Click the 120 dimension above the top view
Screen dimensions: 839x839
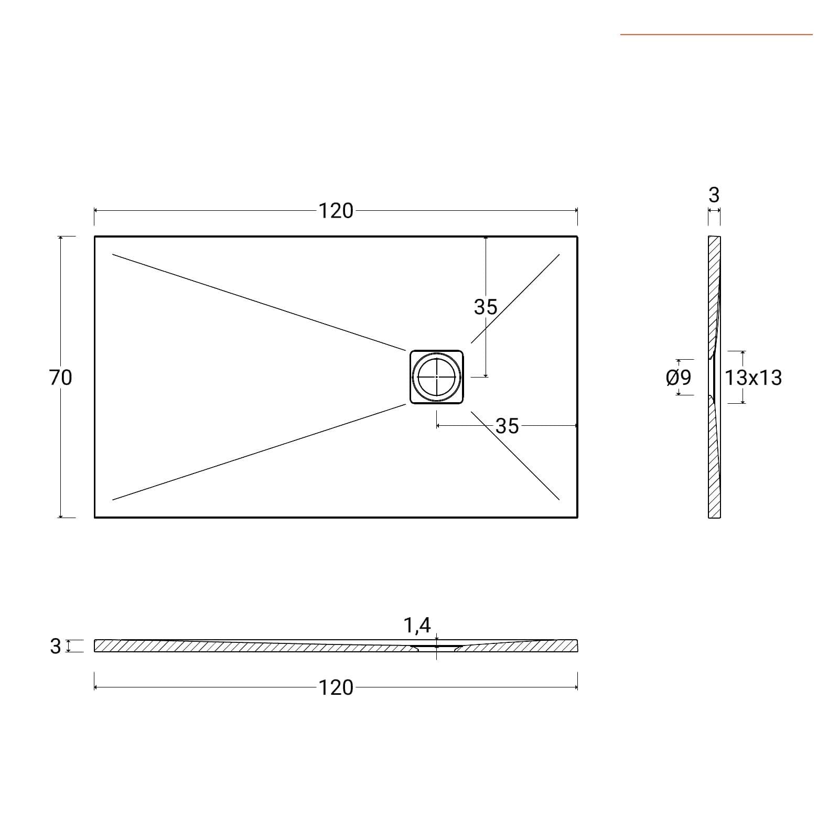click(336, 211)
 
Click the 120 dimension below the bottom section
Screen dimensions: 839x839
click(336, 687)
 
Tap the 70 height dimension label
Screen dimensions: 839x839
click(60, 378)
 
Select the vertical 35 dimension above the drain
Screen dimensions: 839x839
click(486, 307)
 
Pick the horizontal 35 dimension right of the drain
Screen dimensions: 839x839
click(507, 426)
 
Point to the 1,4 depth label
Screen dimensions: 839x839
click(417, 625)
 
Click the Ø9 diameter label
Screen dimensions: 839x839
click(679, 378)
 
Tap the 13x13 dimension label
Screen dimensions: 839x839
click(754, 378)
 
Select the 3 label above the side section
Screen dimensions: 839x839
click(714, 195)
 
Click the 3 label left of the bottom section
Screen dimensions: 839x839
click(56, 646)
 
